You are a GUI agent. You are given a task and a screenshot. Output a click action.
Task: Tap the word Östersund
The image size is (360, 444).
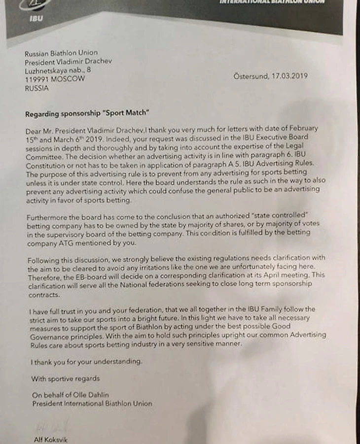click(x=250, y=76)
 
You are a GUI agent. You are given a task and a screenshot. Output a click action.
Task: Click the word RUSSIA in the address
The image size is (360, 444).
click(x=37, y=88)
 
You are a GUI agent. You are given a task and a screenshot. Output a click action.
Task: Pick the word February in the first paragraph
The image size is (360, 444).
click(x=302, y=129)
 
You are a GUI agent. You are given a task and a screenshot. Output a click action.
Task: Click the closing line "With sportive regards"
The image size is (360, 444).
click(x=65, y=379)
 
